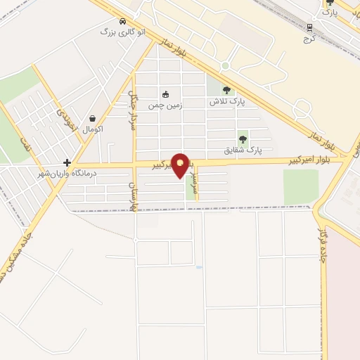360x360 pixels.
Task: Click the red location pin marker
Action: coord(181,165)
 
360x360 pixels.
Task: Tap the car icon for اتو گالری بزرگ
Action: coord(123,21)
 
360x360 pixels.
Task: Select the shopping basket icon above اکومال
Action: coord(93,119)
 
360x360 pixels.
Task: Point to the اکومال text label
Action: coord(93,130)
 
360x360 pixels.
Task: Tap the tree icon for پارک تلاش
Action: coord(226,90)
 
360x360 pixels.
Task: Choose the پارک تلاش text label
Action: coord(226,102)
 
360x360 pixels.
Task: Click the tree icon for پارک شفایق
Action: coord(243,139)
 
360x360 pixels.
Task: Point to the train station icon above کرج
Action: coord(308,27)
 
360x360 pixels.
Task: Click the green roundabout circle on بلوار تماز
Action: coord(225,66)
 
